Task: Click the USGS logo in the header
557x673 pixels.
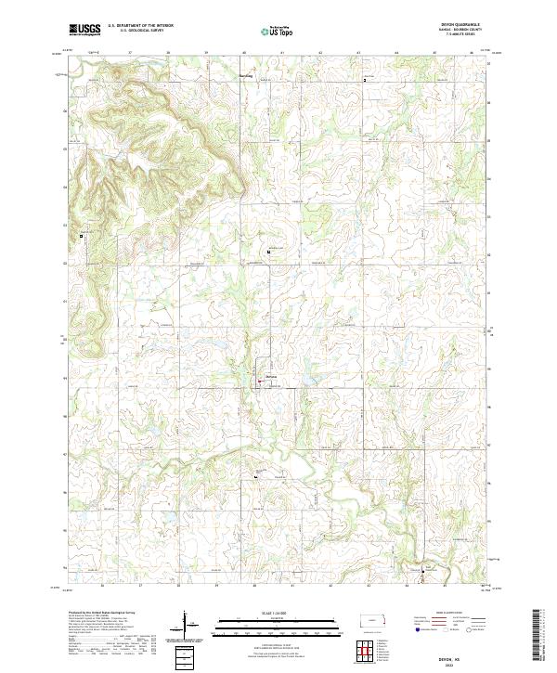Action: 84,30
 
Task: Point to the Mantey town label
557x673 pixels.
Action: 271,376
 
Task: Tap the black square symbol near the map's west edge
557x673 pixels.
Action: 82,236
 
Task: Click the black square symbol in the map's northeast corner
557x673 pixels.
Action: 365,81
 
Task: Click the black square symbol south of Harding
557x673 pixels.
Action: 269,252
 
